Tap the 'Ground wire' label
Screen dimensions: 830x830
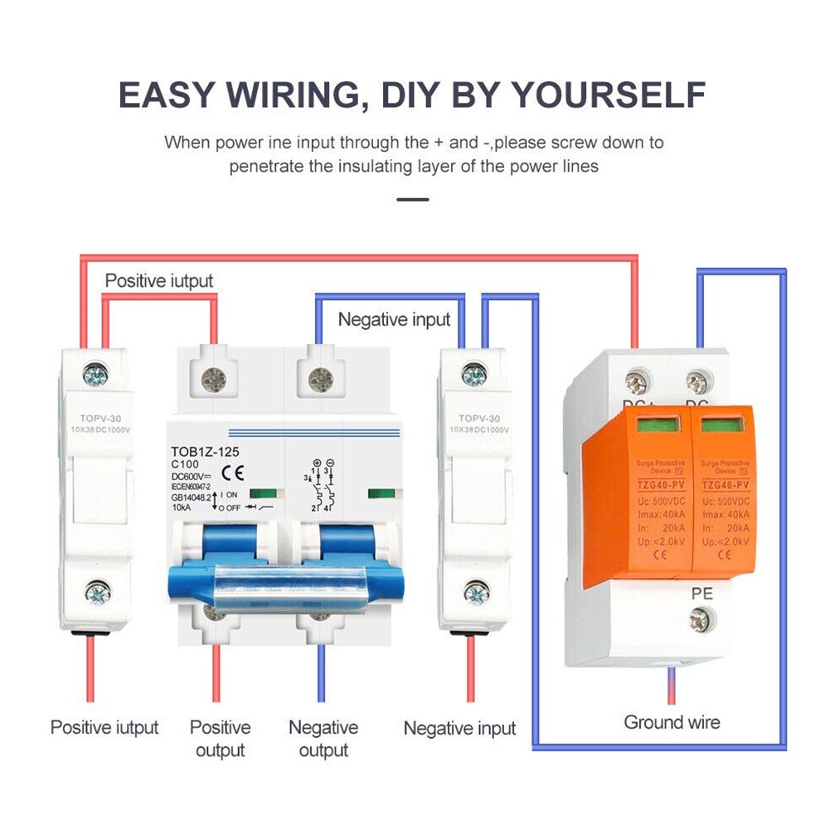[672, 722]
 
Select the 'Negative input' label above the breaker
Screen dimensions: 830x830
[394, 319]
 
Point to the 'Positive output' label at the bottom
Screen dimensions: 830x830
[220, 739]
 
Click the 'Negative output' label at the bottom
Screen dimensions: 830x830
[323, 739]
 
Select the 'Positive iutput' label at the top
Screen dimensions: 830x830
[159, 280]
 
